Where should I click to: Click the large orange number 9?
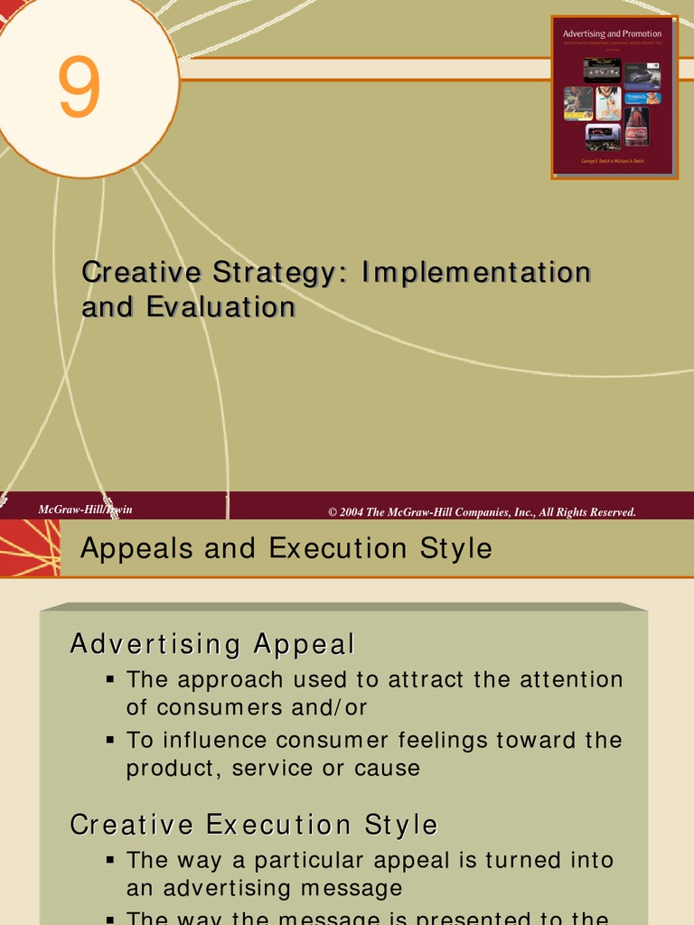click(x=80, y=89)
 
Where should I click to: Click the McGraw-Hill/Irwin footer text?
click(x=85, y=510)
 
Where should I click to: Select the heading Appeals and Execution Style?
click(x=286, y=548)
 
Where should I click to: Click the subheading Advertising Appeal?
click(x=212, y=645)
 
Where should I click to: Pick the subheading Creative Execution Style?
click(x=254, y=825)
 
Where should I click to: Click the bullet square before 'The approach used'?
click(x=110, y=677)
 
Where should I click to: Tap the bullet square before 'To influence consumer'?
click(x=110, y=739)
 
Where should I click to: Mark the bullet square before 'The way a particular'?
click(x=110, y=858)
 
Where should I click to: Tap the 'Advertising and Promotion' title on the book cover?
click(x=612, y=33)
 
